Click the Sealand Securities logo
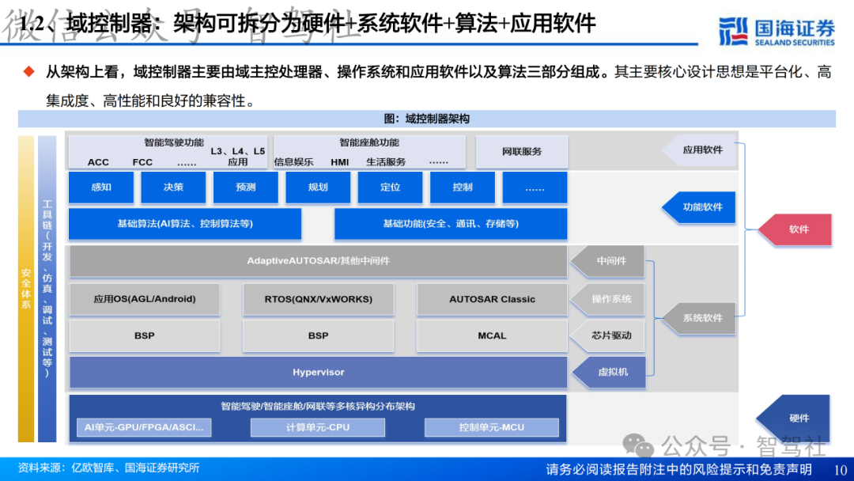coord(777,30)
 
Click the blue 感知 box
coord(101,187)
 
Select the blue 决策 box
coord(173,187)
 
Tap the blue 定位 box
coord(390,187)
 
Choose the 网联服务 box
coord(521,151)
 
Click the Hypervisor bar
coord(318,372)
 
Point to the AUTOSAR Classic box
coord(492,299)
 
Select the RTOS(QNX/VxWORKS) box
coord(318,299)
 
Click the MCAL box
coord(492,335)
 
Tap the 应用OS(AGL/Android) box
coord(145,299)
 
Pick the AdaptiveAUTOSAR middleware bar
coord(318,260)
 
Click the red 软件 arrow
coord(795,229)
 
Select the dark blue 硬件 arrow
coord(794,419)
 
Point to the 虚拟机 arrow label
coord(610,371)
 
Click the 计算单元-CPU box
coord(317,427)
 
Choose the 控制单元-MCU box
coord(491,427)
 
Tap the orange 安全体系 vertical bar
coord(26,289)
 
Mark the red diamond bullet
coord(29,72)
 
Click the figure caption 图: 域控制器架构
coord(426,119)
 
